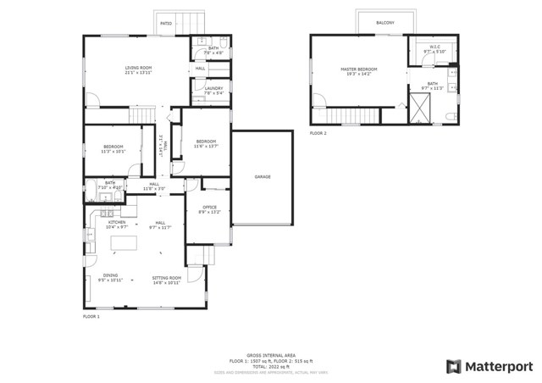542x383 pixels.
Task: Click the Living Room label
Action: point(137,68)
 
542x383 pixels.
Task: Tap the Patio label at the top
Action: point(166,23)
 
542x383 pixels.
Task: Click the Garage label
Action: point(263,176)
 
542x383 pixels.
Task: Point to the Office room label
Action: point(208,208)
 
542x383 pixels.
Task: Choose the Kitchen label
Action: point(116,223)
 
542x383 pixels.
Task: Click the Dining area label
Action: point(111,275)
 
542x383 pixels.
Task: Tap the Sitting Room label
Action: point(166,277)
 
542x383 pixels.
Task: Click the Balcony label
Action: point(385,23)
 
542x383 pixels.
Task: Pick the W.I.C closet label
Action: point(434,47)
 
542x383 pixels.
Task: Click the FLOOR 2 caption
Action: point(318,133)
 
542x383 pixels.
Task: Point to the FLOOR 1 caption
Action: point(91,316)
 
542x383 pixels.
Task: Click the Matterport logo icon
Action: point(454,366)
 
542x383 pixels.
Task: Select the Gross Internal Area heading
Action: point(270,356)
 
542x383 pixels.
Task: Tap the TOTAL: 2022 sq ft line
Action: point(270,366)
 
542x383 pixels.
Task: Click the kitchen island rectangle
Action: point(124,244)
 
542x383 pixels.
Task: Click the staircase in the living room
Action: point(142,114)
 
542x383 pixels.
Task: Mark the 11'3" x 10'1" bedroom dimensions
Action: point(113,153)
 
